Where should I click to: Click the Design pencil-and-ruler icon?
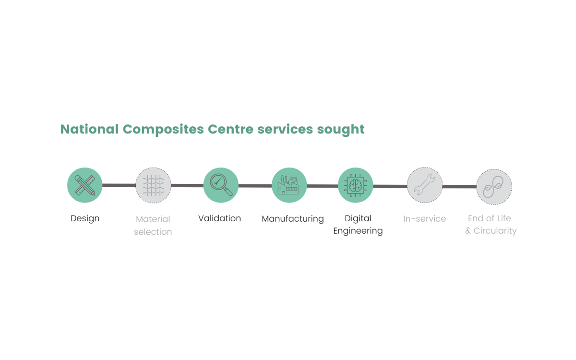click(85, 185)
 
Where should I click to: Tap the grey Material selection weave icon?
click(153, 185)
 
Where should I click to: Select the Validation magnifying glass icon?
click(221, 185)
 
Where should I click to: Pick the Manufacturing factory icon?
click(289, 185)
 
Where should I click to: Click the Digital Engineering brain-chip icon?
click(355, 185)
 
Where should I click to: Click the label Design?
click(85, 218)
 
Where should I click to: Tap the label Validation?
click(219, 218)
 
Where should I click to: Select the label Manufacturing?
click(293, 219)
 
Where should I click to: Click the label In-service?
click(424, 218)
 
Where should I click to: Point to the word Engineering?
click(358, 231)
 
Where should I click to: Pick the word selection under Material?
click(153, 232)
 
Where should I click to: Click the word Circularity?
click(495, 231)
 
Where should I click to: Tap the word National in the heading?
click(89, 129)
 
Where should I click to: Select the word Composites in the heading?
click(163, 130)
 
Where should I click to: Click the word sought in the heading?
click(341, 130)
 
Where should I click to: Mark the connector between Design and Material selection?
click(119, 185)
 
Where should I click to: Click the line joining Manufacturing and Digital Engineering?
click(322, 186)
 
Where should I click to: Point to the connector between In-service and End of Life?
click(459, 186)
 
